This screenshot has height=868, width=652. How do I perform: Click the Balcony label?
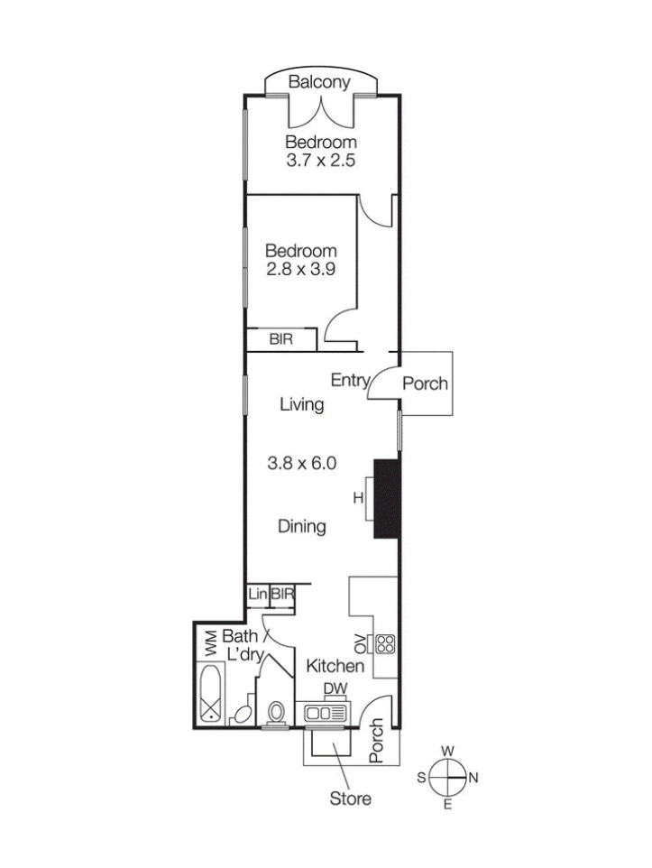click(319, 82)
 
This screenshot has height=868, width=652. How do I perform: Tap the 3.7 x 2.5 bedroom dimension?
click(320, 161)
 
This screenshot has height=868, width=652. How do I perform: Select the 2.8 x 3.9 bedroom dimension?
click(300, 269)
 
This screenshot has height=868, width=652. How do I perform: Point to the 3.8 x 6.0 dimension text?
click(301, 463)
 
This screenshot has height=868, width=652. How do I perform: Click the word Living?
click(301, 404)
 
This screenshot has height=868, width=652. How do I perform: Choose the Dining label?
click(301, 526)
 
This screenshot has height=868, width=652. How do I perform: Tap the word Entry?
click(350, 380)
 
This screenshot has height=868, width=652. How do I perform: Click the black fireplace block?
click(387, 498)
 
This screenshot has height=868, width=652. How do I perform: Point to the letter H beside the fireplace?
click(358, 498)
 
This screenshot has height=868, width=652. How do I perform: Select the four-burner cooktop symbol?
click(386, 643)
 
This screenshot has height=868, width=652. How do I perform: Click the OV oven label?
click(361, 643)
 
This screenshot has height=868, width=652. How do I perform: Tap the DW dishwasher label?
click(335, 688)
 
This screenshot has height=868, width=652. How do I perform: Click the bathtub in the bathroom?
click(211, 693)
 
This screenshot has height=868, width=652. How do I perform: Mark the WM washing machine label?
click(211, 644)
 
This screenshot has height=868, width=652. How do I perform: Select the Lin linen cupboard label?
click(257, 595)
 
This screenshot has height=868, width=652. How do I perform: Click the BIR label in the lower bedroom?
click(281, 338)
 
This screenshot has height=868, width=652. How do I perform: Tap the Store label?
click(351, 799)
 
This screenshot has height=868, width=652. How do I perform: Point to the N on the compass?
click(473, 778)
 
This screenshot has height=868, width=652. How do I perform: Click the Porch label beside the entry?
click(425, 383)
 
